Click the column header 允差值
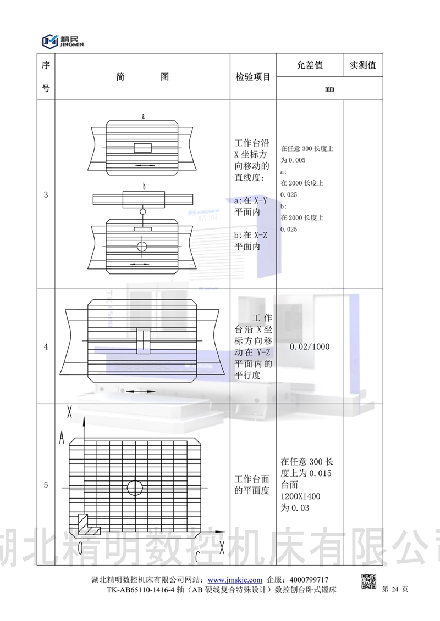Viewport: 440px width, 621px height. point(310,65)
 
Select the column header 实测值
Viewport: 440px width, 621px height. point(362,65)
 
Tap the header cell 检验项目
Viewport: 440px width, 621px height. point(253,77)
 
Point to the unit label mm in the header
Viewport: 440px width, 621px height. point(329,89)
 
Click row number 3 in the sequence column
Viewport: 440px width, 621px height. point(46,194)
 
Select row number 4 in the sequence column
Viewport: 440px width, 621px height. point(46,346)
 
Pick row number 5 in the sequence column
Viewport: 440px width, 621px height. point(46,485)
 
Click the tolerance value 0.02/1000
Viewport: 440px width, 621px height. point(309,347)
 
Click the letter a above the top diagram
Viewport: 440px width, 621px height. point(144,116)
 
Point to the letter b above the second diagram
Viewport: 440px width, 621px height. point(144,187)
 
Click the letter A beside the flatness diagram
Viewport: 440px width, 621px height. point(63,437)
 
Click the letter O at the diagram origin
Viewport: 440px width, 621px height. point(80,547)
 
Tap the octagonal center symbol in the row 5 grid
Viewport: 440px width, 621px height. point(135,487)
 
